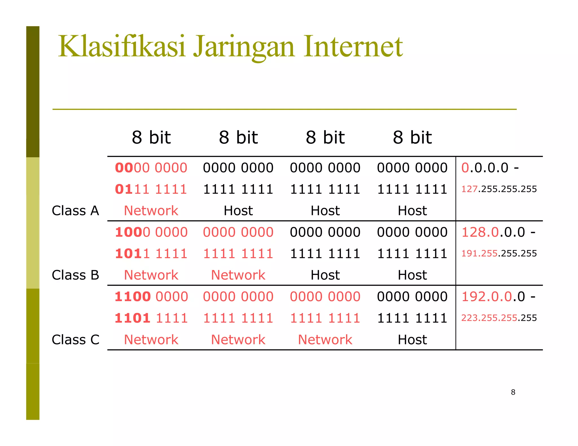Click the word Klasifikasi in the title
(121, 47)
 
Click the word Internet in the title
(353, 47)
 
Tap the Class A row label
(75, 211)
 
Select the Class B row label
(75, 275)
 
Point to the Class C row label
(75, 340)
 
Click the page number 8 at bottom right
(513, 392)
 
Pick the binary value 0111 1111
(151, 189)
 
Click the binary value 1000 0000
(151, 232)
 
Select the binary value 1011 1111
(151, 254)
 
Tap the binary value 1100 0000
(151, 297)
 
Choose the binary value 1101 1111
(151, 318)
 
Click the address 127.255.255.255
(499, 189)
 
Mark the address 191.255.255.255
(499, 253)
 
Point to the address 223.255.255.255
(499, 318)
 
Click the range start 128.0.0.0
(493, 232)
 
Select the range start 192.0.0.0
(493, 297)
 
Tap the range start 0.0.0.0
(485, 168)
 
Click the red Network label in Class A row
(151, 211)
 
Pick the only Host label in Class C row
(412, 340)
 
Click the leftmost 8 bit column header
(151, 138)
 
